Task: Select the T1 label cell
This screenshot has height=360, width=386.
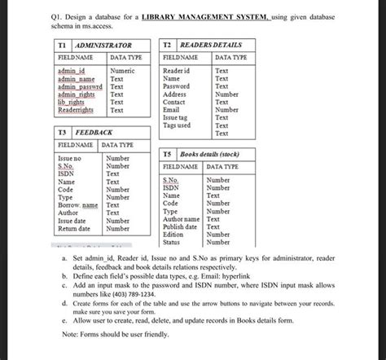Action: pos(62,46)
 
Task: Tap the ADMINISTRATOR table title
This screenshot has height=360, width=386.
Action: pos(103,46)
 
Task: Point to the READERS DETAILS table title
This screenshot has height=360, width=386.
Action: pos(211,46)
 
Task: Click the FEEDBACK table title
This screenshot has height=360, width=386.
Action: pos(94,131)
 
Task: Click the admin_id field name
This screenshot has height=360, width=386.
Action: pos(72,72)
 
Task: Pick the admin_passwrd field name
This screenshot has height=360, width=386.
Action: pos(80,87)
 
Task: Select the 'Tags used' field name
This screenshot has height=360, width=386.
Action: pos(177,125)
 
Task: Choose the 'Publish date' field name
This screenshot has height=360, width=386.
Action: pos(181,226)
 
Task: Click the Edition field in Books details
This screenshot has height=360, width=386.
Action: pos(173,235)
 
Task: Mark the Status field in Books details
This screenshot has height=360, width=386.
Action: pos(172,242)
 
